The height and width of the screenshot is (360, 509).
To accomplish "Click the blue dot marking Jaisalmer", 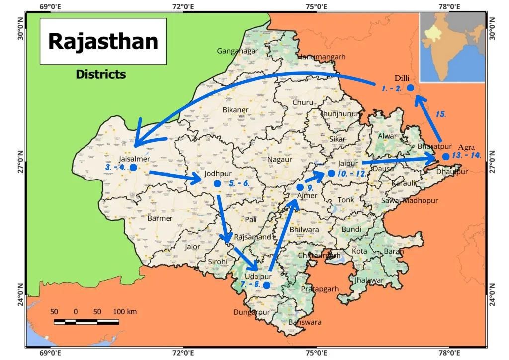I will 133,167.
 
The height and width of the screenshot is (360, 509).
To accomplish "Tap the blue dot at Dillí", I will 411,88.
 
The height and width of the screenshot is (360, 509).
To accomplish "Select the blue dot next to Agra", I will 446,156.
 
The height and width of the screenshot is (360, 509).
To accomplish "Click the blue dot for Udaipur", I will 267,285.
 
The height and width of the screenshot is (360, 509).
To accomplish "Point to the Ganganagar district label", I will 237,51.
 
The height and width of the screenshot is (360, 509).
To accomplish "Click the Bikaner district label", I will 235,109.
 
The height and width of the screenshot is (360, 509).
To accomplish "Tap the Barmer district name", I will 160,218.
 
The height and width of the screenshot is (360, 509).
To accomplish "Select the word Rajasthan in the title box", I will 103,41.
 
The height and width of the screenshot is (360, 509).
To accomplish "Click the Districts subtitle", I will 101,75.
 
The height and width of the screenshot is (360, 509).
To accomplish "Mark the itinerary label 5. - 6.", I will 239,183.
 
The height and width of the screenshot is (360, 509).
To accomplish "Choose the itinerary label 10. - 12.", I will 352,174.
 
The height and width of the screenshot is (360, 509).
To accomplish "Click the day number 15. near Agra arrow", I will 440,114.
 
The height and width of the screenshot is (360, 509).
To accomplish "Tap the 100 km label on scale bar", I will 125,312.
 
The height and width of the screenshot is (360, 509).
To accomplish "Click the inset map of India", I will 452,47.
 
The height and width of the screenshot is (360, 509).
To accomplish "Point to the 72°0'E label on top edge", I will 183,6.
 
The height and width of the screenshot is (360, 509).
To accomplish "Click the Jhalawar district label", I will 369,280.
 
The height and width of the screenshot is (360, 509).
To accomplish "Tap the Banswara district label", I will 305,322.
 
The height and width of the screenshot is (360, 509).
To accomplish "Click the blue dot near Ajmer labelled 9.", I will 300,187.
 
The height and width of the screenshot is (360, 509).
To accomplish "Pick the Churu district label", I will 303,102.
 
